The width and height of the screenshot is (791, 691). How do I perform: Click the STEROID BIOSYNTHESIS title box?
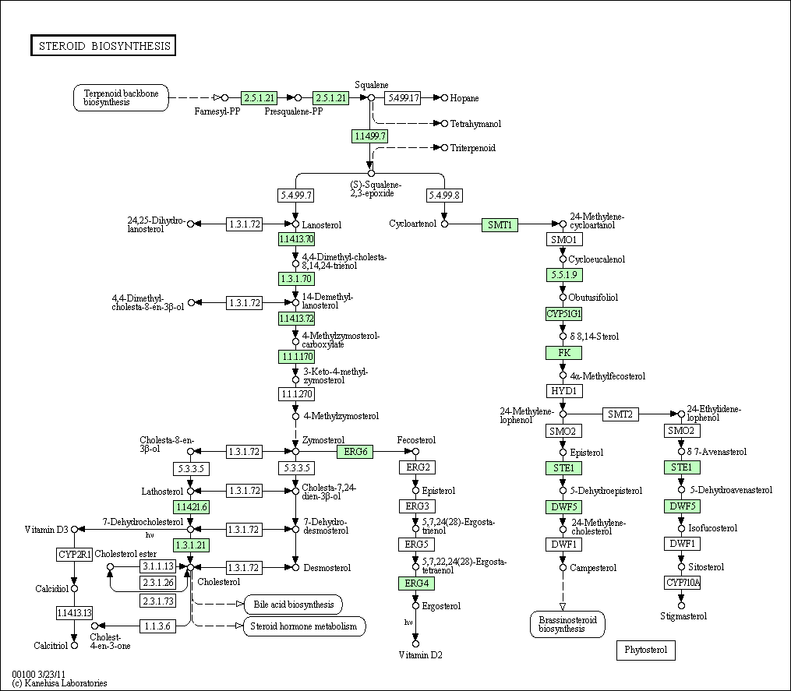point(104,45)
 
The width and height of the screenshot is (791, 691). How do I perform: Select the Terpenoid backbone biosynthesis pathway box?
point(121,98)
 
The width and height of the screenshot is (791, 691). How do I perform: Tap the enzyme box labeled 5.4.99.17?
point(403,98)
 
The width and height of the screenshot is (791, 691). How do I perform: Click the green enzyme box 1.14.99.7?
point(369,136)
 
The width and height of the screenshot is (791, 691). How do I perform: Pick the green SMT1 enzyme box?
point(500,225)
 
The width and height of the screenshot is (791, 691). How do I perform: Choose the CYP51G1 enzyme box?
point(564,314)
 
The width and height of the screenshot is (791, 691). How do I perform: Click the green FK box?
point(564,353)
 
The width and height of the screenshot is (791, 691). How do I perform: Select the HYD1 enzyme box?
point(564,391)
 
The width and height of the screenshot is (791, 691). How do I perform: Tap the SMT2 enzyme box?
point(620,414)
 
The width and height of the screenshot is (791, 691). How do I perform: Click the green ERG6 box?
point(355,451)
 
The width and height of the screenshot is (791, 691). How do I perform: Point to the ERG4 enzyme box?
point(416,583)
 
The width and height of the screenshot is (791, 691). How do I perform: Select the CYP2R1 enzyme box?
point(74,555)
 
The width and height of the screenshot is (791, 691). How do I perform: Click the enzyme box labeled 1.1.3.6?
point(158,626)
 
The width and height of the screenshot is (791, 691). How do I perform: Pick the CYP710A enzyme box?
point(683,583)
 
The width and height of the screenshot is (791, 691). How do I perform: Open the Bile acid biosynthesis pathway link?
point(294,605)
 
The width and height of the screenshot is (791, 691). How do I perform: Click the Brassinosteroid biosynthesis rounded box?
point(567,625)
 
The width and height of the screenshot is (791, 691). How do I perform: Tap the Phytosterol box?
point(646,650)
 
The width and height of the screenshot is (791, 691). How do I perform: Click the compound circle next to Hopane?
point(444,98)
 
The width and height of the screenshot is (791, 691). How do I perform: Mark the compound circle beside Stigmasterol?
point(682,605)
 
